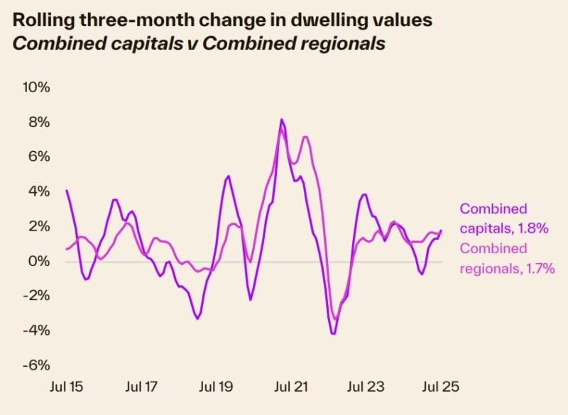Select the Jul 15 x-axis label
tap(66, 387)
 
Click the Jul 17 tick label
tap(141, 387)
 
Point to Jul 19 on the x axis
tap(216, 387)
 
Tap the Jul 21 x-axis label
tap(291, 387)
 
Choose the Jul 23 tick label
tap(366, 387)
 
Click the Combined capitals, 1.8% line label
tap(503, 218)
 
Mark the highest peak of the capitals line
tap(281, 119)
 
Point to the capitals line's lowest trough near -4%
tap(332, 333)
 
